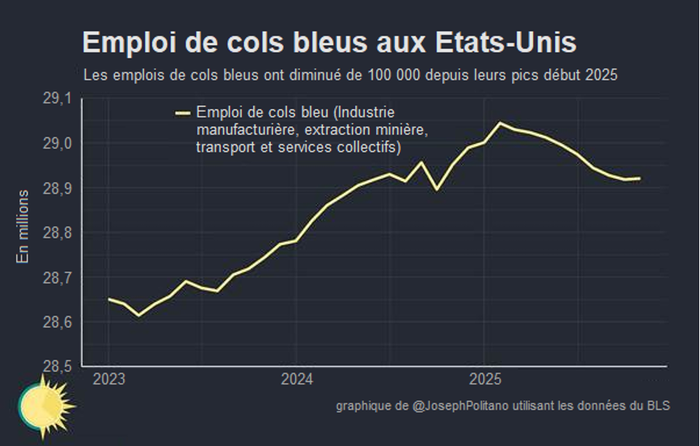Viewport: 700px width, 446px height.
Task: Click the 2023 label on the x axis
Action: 108,380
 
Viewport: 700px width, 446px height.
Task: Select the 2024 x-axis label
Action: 296,380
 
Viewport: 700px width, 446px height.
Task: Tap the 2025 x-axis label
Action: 484,380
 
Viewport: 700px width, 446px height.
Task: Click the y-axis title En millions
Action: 22,226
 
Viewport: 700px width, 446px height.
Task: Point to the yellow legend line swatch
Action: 184,113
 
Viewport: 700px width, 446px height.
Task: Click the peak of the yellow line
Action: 499,122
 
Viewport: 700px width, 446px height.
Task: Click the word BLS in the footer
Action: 658,407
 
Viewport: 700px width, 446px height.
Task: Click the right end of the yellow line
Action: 640,178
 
